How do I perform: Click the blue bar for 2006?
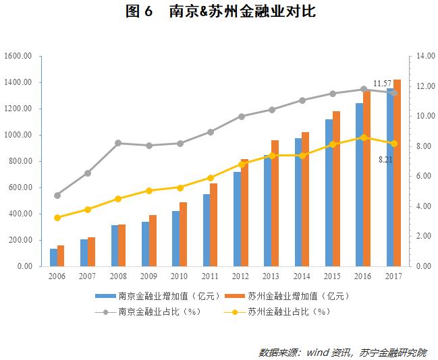point(53,258)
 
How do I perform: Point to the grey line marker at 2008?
point(118,143)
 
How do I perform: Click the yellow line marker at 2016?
point(364,138)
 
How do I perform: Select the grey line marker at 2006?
point(57,196)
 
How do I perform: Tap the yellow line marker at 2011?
point(211,178)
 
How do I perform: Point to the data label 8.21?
point(385,159)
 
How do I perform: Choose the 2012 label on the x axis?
point(240,276)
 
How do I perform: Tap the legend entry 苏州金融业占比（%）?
point(286,311)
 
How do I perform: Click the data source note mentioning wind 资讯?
point(342,352)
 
